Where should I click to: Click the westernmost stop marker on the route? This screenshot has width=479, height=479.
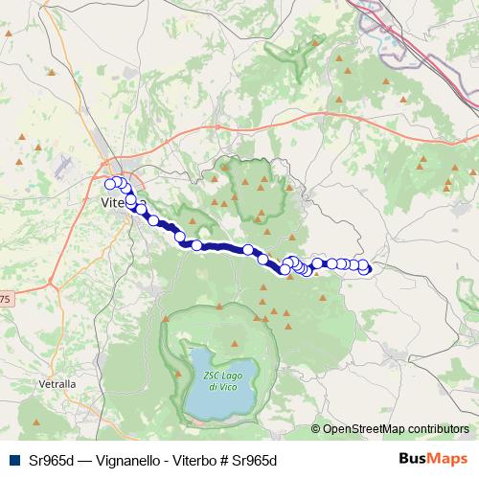tap(110, 184)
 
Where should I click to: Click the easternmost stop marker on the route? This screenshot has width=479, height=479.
tap(364, 269)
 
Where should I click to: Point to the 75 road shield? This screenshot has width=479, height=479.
tap(5, 301)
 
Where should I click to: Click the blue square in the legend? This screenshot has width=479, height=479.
tap(13, 459)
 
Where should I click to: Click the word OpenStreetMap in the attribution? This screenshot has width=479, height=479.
tap(363, 429)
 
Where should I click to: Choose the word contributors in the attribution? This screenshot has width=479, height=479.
tap(437, 429)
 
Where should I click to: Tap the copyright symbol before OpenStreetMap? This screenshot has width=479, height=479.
tap(316, 429)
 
